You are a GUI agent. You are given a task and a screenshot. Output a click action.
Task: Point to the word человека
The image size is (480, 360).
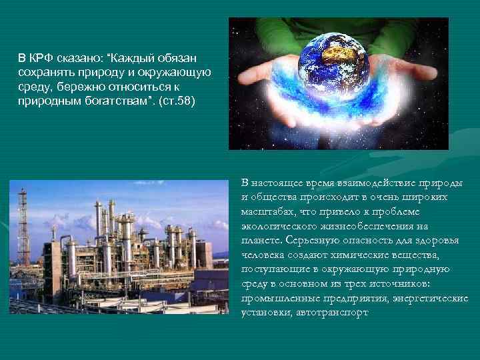click(x=261, y=255)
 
